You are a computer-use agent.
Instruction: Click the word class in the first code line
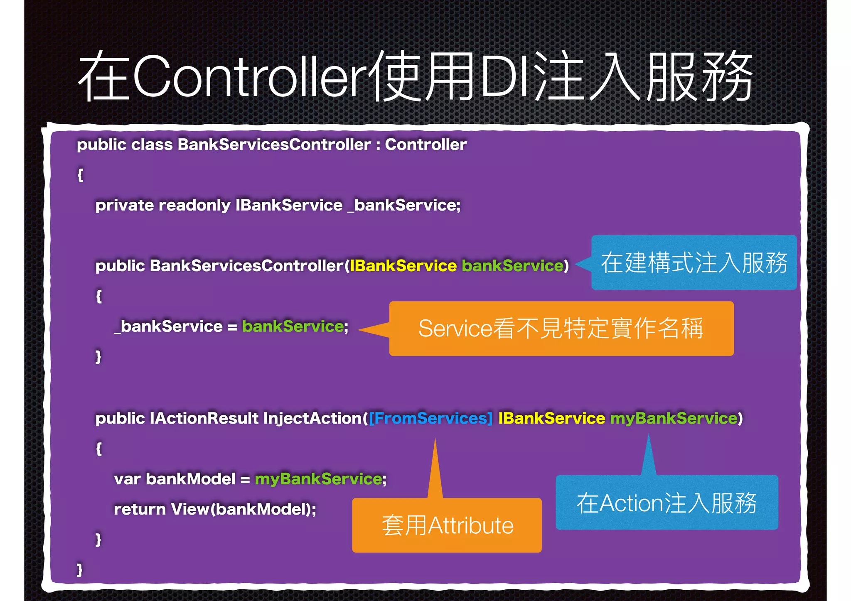(152, 145)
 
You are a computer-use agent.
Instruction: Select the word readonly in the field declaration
(194, 205)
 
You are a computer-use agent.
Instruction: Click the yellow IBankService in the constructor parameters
(403, 266)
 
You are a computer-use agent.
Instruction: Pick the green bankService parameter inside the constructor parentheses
(512, 266)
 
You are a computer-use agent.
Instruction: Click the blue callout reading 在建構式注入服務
(694, 262)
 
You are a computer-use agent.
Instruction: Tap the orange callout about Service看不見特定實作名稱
(561, 329)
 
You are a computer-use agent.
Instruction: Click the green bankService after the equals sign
(293, 326)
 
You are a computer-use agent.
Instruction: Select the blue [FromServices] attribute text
(430, 418)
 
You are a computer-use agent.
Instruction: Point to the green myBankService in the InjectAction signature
(674, 418)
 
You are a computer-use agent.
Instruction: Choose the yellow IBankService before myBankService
(551, 418)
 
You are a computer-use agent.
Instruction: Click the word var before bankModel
(127, 479)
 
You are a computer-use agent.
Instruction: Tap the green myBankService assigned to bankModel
(318, 479)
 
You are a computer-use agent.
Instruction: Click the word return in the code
(140, 509)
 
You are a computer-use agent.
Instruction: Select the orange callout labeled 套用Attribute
(447, 525)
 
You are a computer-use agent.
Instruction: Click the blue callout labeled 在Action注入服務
(667, 503)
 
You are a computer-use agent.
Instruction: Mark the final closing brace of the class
(80, 569)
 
